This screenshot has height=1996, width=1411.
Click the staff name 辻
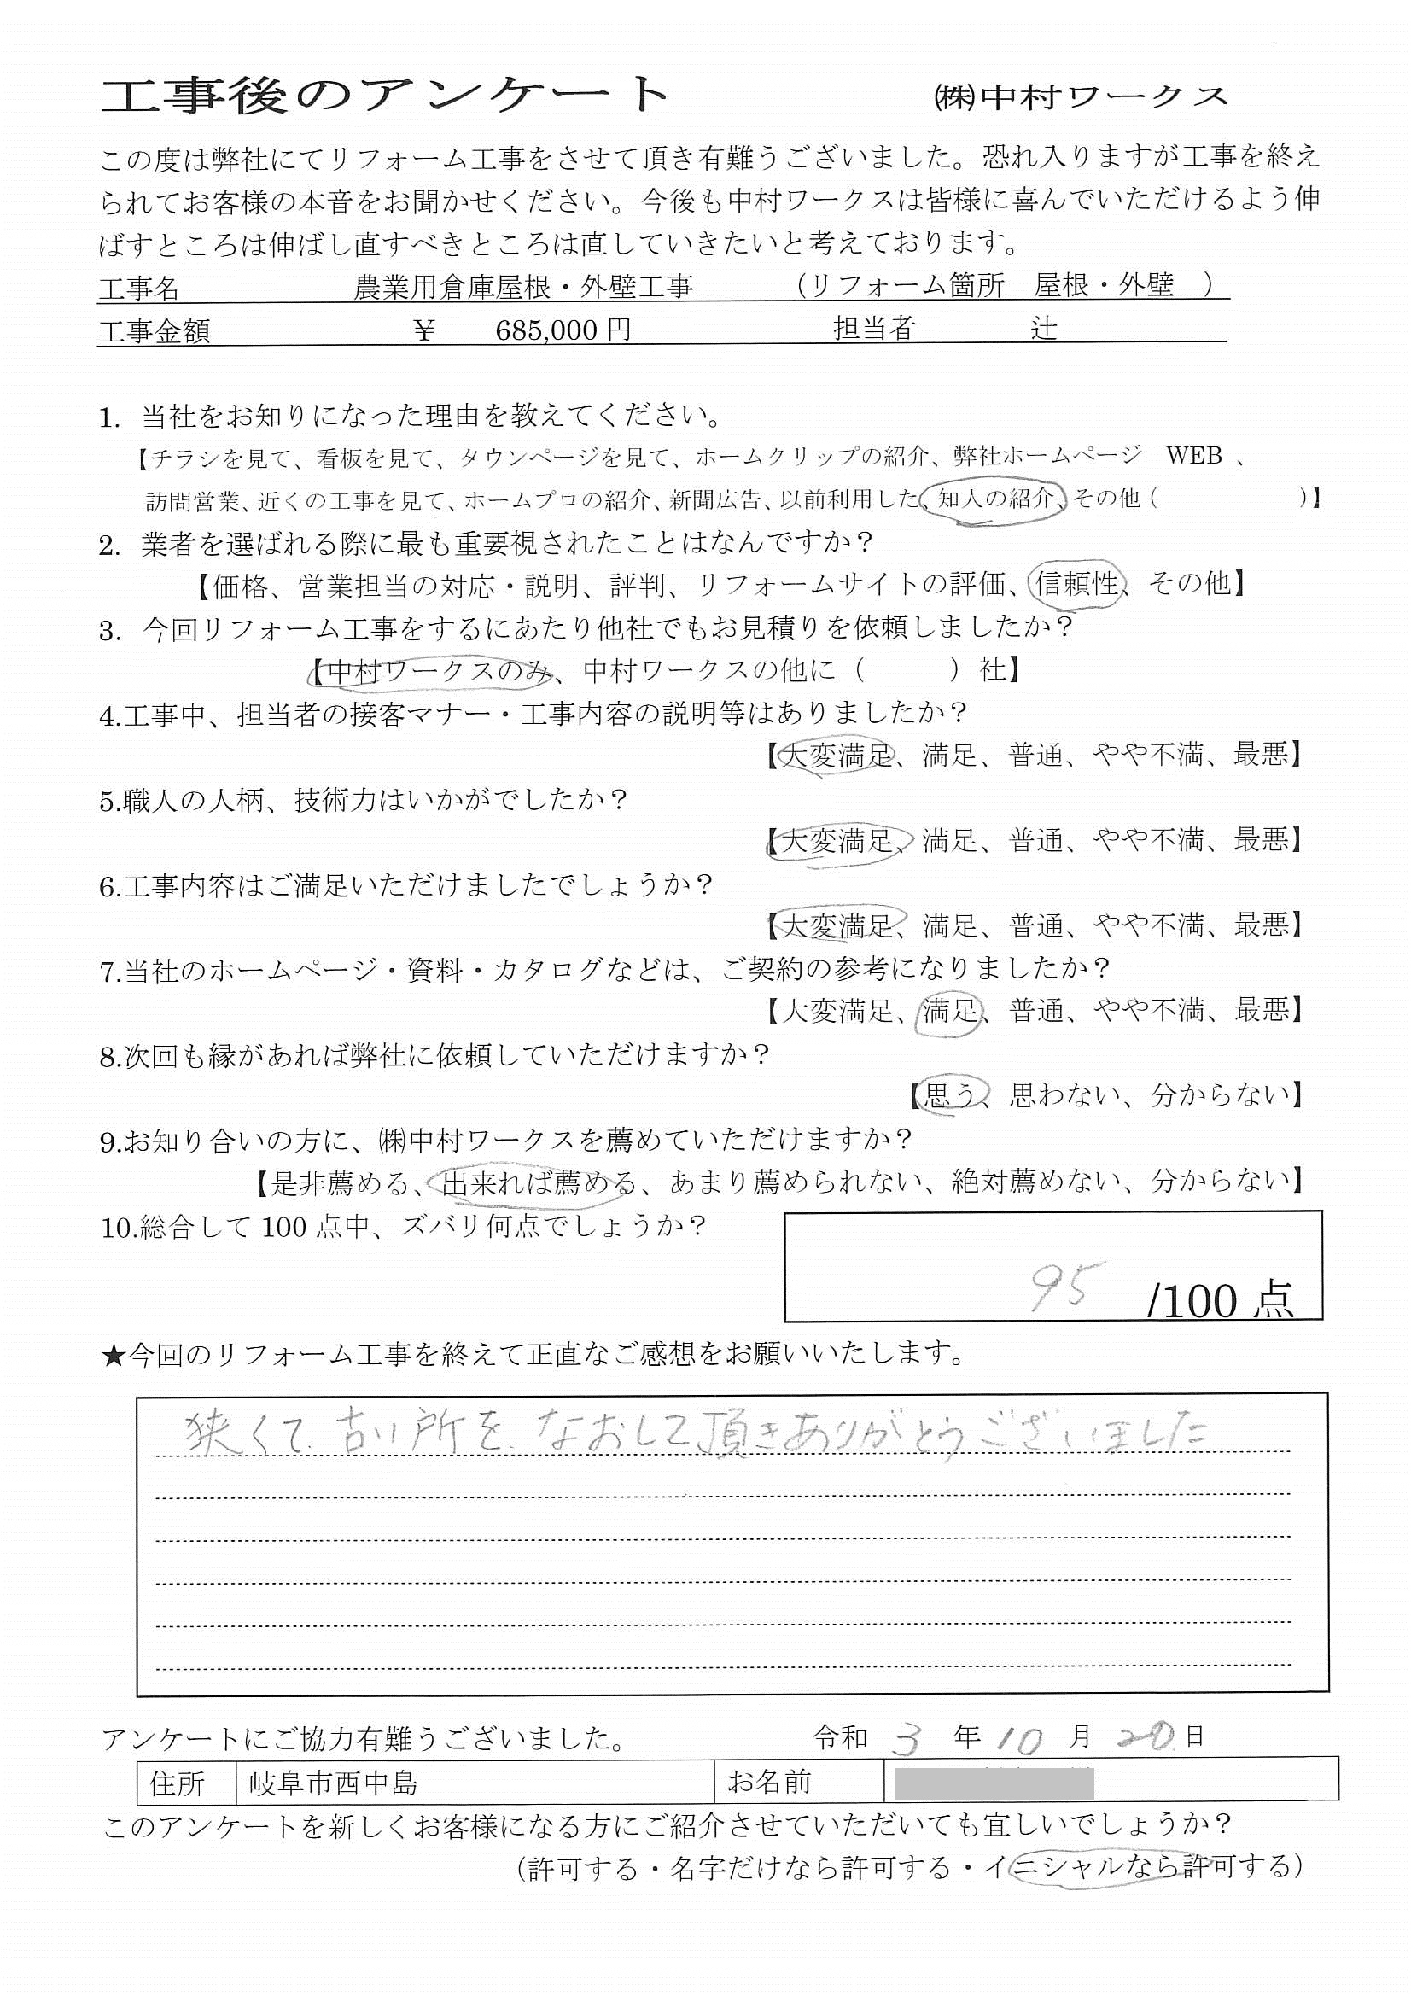1043,329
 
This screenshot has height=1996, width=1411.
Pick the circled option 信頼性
1077,583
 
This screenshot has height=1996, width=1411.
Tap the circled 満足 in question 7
949,1010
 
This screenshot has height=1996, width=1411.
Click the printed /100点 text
1220,1301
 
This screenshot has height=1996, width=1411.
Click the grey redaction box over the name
993,1783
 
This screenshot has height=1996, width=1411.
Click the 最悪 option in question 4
1261,755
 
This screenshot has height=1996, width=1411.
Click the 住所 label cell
178,1784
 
